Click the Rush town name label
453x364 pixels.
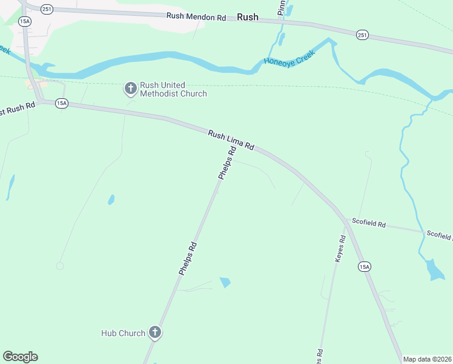click(x=248, y=18)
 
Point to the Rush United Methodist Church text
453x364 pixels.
click(x=173, y=89)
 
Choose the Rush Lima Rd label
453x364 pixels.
click(x=231, y=140)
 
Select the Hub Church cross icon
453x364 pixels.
click(x=155, y=332)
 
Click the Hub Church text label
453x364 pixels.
click(x=123, y=333)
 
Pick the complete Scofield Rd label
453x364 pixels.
click(x=369, y=224)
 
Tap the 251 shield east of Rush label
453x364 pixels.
click(x=362, y=35)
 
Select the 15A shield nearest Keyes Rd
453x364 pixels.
click(x=364, y=266)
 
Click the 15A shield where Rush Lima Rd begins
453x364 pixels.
click(x=61, y=104)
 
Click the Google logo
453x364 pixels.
click(x=20, y=357)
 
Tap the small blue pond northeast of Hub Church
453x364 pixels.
click(x=225, y=282)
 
